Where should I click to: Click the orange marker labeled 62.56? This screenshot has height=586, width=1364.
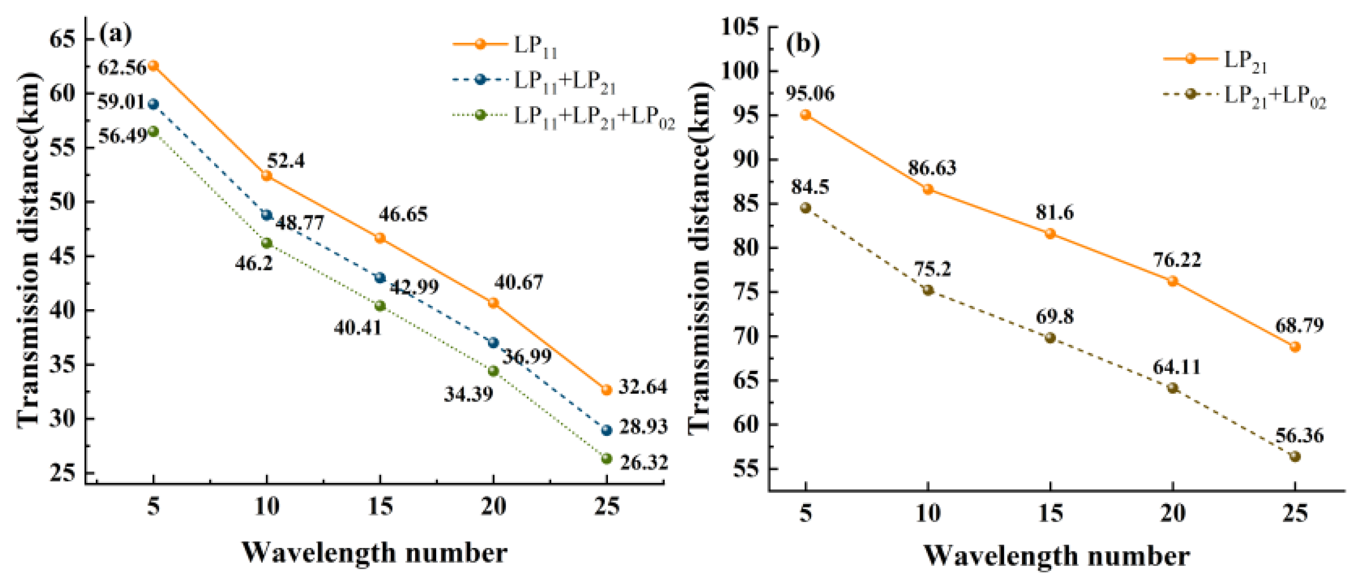coord(153,66)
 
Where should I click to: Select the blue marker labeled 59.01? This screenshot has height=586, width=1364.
coord(153,104)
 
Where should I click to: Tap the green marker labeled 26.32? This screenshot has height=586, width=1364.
coord(607,459)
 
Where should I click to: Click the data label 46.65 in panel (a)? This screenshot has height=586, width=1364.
coord(403,215)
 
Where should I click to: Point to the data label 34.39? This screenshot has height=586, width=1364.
coord(468,394)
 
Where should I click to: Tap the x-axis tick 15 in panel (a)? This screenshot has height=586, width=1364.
coord(380,507)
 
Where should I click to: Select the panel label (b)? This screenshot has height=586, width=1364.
coord(803,43)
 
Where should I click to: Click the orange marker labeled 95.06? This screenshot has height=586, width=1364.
coord(805,115)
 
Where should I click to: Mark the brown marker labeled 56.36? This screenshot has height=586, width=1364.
coord(1295,457)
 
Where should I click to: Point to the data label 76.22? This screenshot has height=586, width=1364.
coord(1177,260)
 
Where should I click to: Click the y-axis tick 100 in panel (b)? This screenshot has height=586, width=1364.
coord(740,71)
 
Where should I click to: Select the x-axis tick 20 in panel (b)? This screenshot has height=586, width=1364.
coord(1172,513)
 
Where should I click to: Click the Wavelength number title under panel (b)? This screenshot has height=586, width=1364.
coord(1056,556)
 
